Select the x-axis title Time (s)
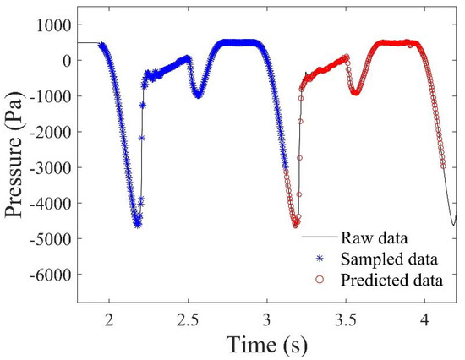(267, 342)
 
